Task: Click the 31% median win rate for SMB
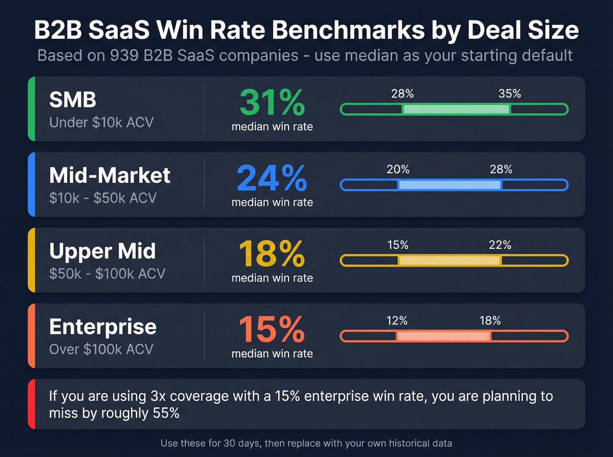(x=272, y=102)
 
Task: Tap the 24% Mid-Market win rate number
(x=272, y=178)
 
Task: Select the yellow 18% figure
(x=272, y=254)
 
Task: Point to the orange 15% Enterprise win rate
(x=272, y=329)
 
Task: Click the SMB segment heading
(x=73, y=100)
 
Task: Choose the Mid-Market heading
(x=109, y=175)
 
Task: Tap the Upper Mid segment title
(x=102, y=251)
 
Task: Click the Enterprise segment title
(x=103, y=327)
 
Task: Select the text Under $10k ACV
(x=101, y=122)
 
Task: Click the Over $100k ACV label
(x=101, y=349)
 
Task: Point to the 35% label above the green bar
(x=510, y=94)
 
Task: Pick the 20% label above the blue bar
(x=398, y=169)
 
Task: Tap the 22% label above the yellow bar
(x=500, y=245)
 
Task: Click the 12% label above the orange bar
(x=397, y=321)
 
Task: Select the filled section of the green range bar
(x=456, y=109)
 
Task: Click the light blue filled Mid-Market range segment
(x=449, y=185)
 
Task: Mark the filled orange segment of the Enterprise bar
(x=444, y=336)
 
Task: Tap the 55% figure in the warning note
(x=166, y=413)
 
